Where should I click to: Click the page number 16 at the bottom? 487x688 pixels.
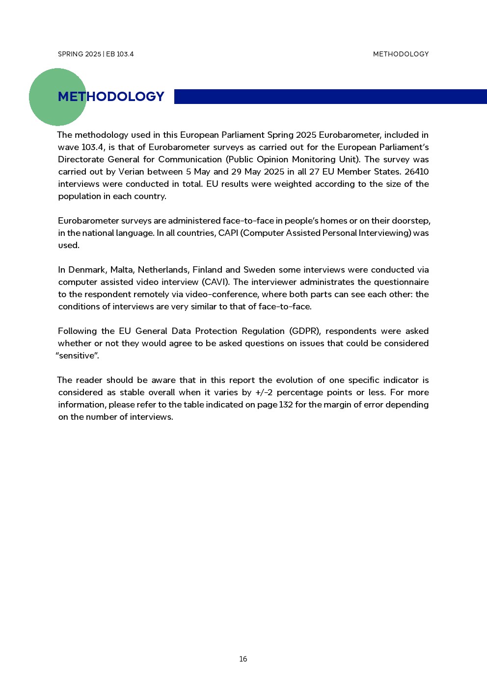coord(243,659)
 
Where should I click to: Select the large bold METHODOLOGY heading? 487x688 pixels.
coord(111,97)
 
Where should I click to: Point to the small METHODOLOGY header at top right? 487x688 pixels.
coord(401,54)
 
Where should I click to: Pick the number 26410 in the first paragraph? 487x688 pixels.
coord(416,172)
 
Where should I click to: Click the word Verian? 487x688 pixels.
coord(131,172)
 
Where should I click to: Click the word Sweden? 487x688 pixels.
coord(259,270)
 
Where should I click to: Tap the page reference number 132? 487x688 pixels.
coord(286,405)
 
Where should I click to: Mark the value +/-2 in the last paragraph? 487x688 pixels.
coord(264,392)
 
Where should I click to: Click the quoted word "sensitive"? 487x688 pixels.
coord(78,356)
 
